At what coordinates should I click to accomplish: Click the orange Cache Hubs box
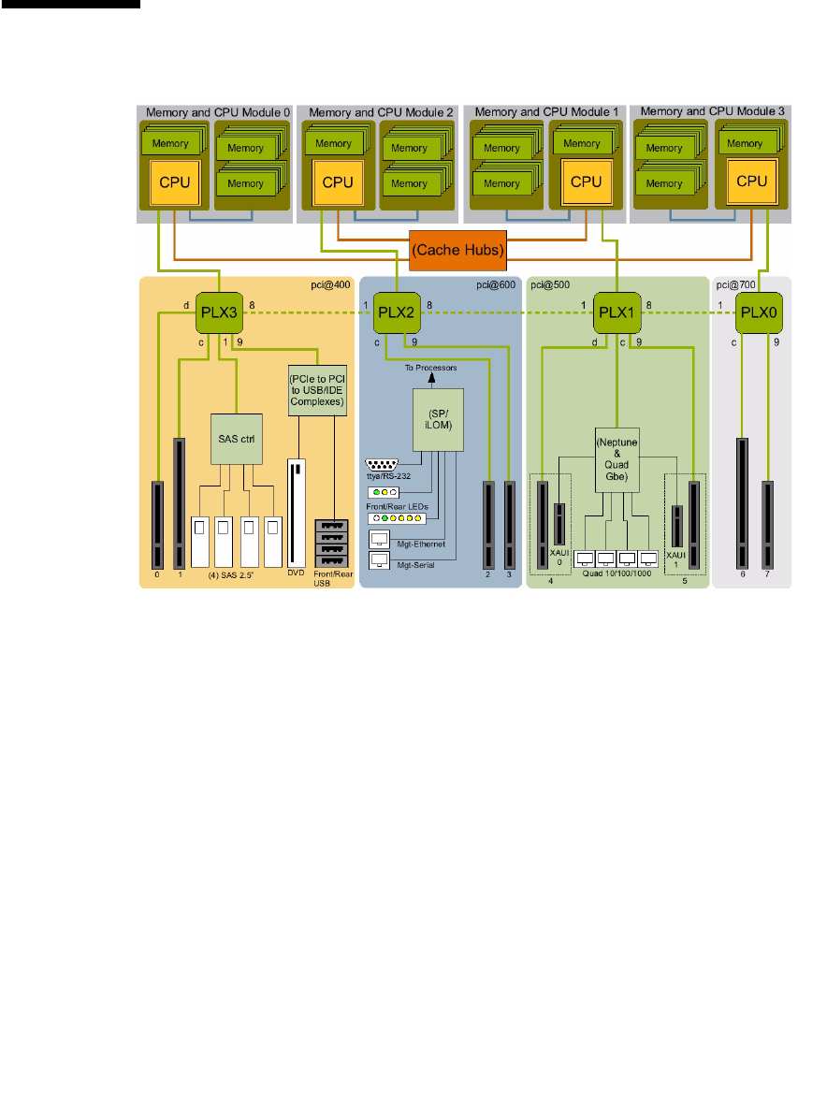tap(457, 251)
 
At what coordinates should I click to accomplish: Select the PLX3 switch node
tap(220, 313)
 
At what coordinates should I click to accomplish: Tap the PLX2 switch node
tap(397, 313)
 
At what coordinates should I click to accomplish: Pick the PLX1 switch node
tap(617, 313)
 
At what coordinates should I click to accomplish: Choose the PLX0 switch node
tap(759, 313)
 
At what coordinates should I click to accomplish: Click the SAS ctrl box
tap(237, 439)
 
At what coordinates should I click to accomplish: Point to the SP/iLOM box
tap(438, 420)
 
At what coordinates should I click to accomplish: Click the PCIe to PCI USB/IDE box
tap(317, 390)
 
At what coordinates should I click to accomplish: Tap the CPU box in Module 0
tap(174, 182)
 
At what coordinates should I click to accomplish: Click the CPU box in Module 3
tap(752, 181)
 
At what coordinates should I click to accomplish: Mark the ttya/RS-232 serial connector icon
tap(382, 465)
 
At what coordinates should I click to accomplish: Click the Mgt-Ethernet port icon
tap(380, 540)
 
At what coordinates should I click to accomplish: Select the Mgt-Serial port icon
tap(380, 560)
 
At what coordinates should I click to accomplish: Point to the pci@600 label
tap(496, 285)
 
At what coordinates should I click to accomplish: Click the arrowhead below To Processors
tap(432, 378)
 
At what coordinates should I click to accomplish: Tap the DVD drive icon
tap(296, 514)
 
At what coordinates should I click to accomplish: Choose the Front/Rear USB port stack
tap(332, 543)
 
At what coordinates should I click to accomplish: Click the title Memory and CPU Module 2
tap(381, 112)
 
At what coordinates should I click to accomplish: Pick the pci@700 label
tap(735, 285)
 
